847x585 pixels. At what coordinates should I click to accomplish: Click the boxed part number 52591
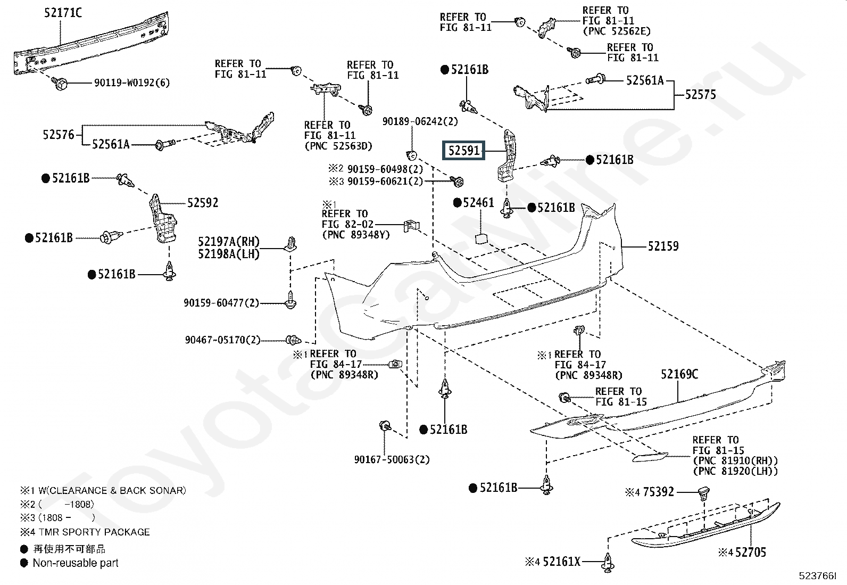point(464,151)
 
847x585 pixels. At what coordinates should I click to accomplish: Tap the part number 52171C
point(63,13)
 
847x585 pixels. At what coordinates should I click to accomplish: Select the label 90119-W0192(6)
point(132,83)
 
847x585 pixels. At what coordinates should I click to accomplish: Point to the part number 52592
point(203,203)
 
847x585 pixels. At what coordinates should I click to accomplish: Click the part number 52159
point(663,246)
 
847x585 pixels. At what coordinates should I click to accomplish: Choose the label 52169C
point(679,375)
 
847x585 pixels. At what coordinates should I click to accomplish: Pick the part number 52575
point(700,95)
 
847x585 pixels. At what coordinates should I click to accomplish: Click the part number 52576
point(59,135)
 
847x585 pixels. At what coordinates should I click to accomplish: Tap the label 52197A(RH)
point(229,243)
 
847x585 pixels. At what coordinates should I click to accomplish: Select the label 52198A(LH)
point(229,254)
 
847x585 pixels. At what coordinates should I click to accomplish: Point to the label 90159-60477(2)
point(221,303)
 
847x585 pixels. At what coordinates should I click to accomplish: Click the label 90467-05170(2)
point(222,340)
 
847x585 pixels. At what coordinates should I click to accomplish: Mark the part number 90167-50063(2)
point(392,459)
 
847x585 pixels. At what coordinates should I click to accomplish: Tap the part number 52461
point(478,203)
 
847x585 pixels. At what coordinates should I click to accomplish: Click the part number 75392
point(658,492)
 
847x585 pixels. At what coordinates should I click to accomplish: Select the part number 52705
point(751,553)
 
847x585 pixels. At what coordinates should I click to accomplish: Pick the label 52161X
point(562,561)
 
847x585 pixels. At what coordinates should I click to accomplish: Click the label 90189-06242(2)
point(420,121)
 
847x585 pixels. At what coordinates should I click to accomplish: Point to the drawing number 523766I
point(817,575)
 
